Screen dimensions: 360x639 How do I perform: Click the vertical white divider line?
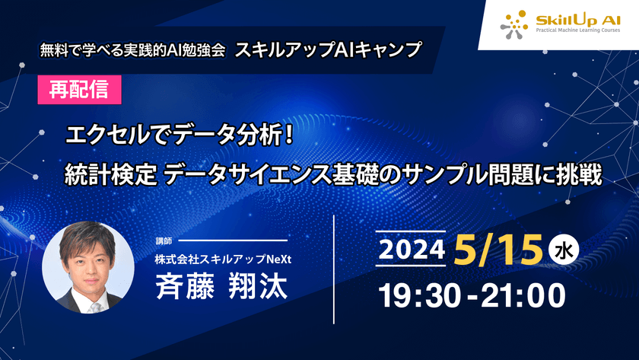coord(335,269)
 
